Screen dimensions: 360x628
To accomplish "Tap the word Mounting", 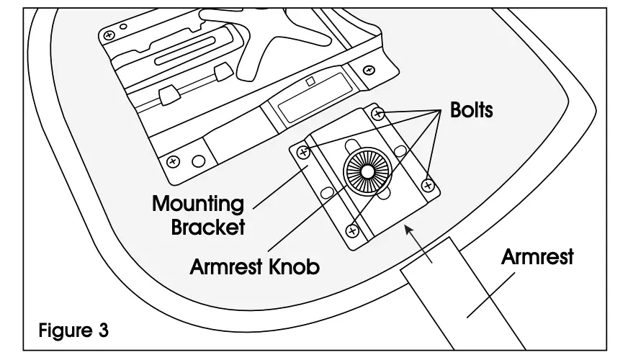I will point(197,204).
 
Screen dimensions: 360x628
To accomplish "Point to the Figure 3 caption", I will point(73,331).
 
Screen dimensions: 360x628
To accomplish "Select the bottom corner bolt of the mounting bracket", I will point(353,230).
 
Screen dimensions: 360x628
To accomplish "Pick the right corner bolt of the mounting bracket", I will point(428,185).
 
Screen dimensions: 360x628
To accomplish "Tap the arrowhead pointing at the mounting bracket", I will point(410,229).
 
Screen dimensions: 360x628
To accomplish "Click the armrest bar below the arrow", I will point(461,295).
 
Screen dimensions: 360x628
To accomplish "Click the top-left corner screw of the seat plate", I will point(110,34).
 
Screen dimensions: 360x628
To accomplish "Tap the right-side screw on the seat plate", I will point(369,69).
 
